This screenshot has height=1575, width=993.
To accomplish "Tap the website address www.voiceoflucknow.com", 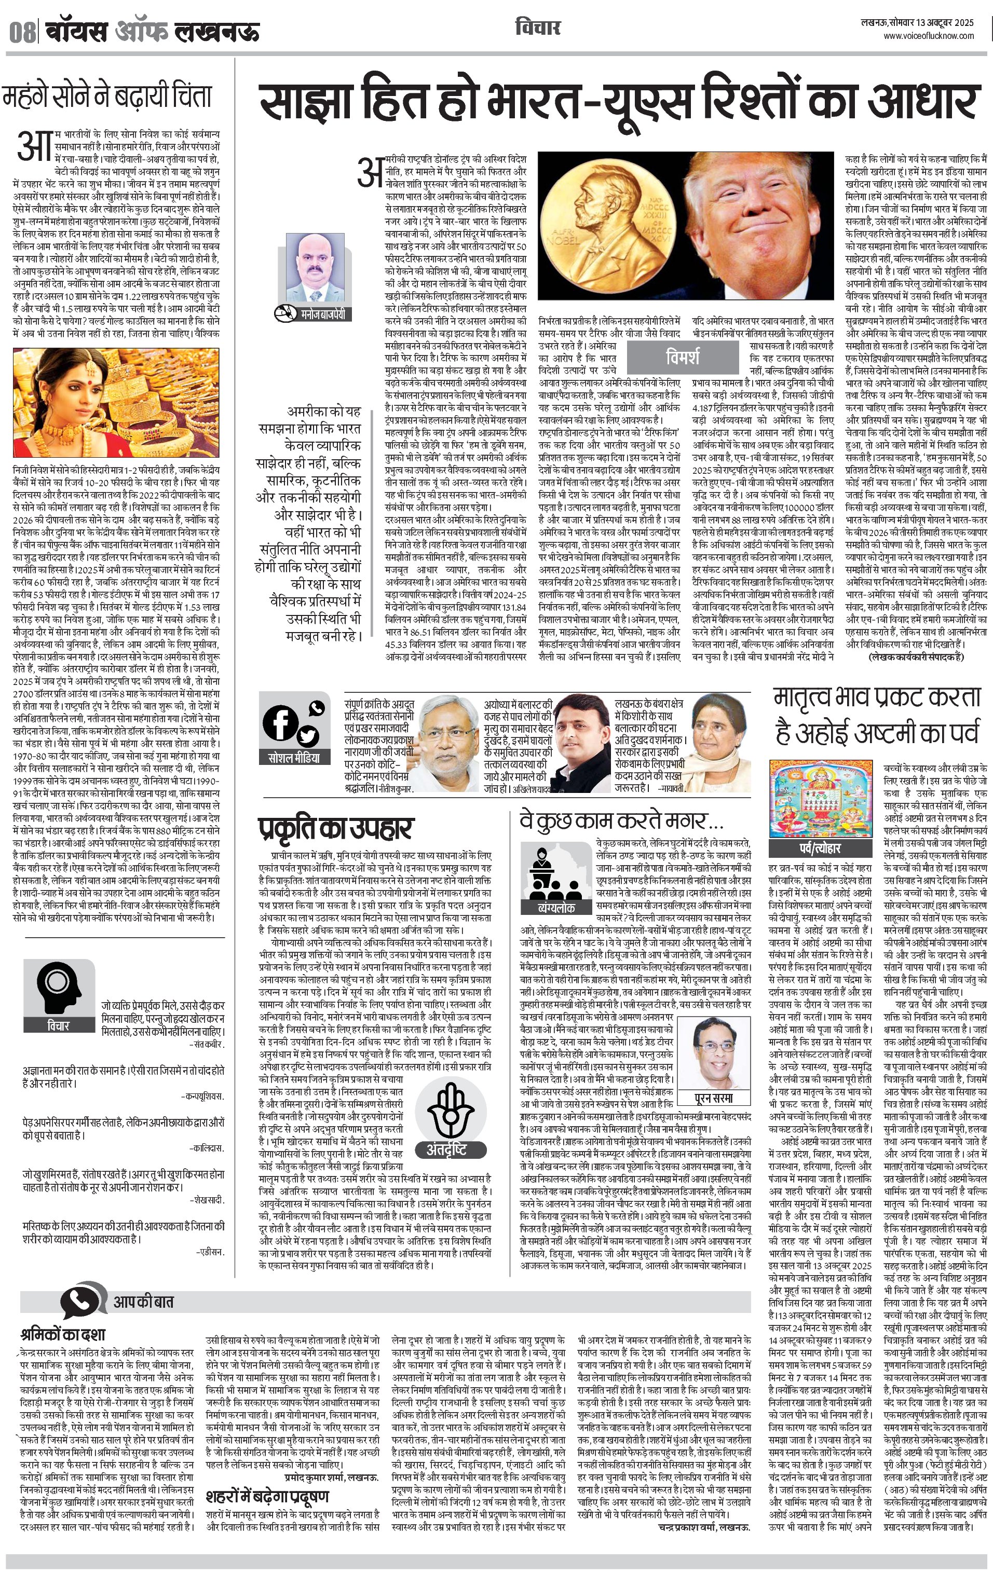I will click(x=928, y=36).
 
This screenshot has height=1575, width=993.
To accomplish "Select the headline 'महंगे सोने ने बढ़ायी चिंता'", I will click(x=108, y=96).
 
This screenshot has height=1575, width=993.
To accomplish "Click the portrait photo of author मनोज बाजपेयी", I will click(x=314, y=268).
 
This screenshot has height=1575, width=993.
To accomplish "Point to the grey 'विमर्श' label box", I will click(x=682, y=357).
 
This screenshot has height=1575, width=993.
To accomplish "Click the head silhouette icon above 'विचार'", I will click(x=58, y=987).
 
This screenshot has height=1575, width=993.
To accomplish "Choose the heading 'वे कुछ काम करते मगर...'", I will click(x=621, y=821).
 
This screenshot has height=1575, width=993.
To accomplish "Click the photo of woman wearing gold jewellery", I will click(x=116, y=402).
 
